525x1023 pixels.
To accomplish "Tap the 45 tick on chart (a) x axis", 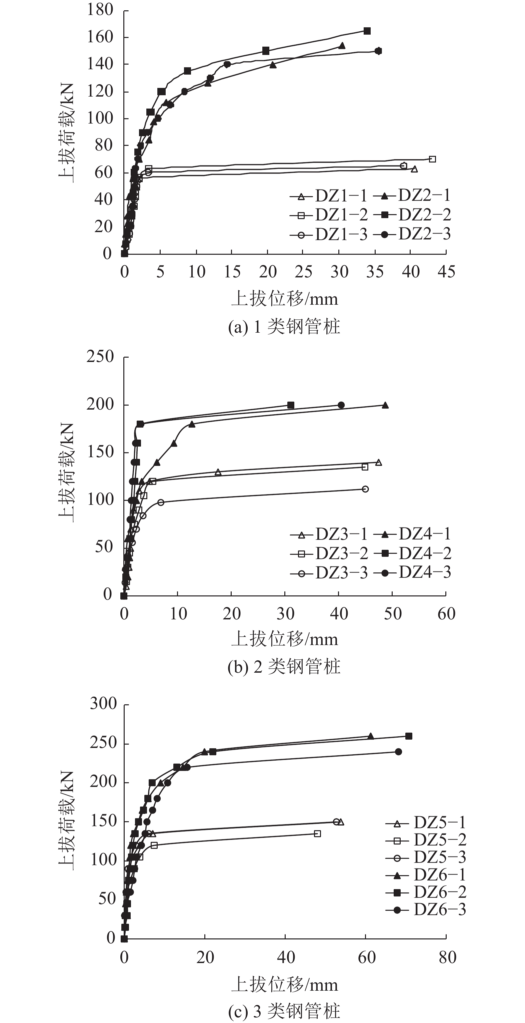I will pos(446,272).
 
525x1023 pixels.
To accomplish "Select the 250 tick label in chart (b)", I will pos(100,357).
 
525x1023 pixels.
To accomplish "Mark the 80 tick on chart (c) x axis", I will pos(447,957).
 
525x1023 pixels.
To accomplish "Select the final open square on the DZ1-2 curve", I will pos(432,159).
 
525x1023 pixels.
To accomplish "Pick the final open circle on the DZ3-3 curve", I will pos(365,489).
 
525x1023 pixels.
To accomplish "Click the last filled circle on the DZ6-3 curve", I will pos(398,752).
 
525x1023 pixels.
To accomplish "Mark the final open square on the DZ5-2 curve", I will pos(317,834).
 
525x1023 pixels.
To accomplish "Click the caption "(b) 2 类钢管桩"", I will pos(284,667).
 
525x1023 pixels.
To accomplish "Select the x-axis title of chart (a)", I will pos(285,299).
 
